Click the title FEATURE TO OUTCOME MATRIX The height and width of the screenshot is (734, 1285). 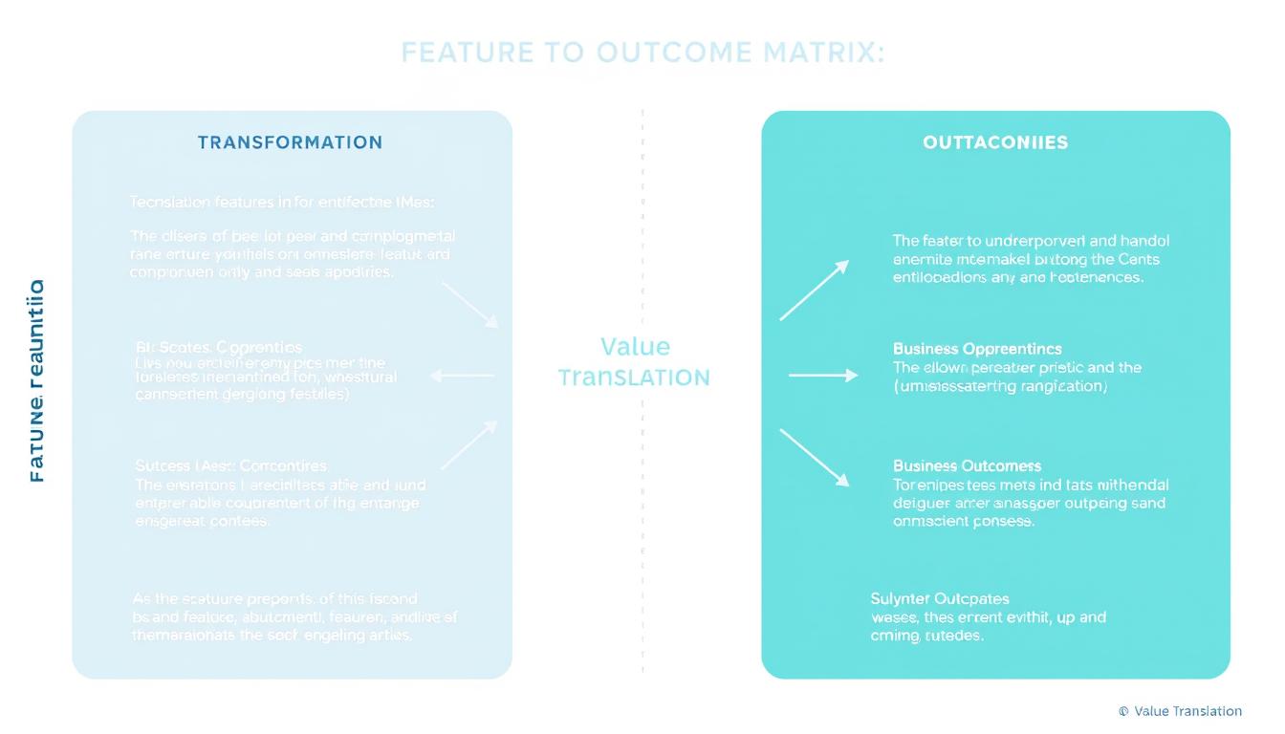[x=642, y=53]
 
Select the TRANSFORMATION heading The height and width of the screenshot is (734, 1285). [x=290, y=142]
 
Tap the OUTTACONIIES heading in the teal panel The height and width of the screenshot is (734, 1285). [x=995, y=142]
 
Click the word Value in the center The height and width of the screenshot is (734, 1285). [x=635, y=347]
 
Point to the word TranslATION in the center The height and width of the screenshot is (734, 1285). [x=634, y=378]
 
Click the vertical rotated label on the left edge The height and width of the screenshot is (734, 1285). [x=35, y=379]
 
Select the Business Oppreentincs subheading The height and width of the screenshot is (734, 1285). [x=977, y=349]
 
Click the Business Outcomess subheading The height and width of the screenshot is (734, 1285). [x=967, y=466]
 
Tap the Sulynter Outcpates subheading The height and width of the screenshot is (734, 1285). [x=940, y=599]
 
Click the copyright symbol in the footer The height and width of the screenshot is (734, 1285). [x=1123, y=711]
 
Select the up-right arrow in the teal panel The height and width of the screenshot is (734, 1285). [x=814, y=290]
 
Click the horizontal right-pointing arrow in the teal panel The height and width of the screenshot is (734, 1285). [x=823, y=376]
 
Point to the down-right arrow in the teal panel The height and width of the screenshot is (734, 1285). [x=814, y=458]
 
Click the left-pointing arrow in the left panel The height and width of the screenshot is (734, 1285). [x=463, y=376]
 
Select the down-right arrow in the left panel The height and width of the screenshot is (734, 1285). [x=469, y=305]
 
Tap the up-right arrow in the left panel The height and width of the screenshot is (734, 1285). [x=468, y=444]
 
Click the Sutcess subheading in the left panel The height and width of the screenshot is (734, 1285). [x=230, y=466]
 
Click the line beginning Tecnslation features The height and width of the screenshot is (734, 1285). [x=282, y=202]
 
